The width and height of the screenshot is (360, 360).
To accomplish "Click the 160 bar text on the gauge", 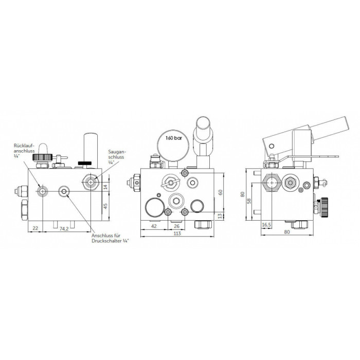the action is (x=174, y=138).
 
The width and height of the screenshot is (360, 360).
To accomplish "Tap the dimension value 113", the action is (x=177, y=233).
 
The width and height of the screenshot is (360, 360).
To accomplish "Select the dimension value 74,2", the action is (x=64, y=229).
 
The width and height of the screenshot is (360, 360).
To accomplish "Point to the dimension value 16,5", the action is (x=266, y=225).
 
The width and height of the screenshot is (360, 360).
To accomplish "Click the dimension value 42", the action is (x=154, y=226).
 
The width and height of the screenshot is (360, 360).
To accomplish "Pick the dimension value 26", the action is (x=176, y=226).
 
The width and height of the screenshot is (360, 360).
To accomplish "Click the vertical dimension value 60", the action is (x=221, y=192).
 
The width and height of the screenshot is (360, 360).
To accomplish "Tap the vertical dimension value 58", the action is (x=249, y=201).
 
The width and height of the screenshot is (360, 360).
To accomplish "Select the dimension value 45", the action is (x=105, y=206).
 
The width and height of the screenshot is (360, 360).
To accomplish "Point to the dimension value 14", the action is (x=105, y=187).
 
